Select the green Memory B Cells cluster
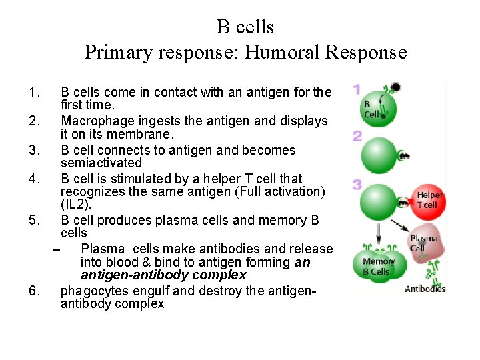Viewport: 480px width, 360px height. (378, 266)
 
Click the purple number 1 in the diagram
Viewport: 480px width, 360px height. (357, 89)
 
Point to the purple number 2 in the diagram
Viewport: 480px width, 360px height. (357, 136)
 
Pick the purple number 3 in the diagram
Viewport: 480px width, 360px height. (357, 185)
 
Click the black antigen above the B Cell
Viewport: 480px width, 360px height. (395, 87)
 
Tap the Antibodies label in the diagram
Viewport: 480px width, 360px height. (425, 289)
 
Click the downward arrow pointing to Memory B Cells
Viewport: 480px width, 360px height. (378, 234)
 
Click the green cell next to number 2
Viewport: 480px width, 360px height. (379, 155)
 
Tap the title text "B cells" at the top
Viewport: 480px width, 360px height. (245, 27)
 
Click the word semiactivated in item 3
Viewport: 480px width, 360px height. (101, 163)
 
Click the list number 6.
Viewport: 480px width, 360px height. (35, 291)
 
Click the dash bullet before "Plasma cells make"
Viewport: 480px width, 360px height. (55, 249)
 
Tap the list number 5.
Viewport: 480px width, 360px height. (35, 220)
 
